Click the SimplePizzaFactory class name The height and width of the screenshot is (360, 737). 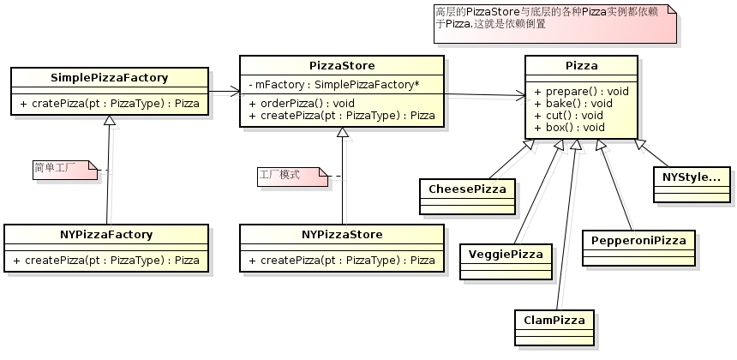[109, 78]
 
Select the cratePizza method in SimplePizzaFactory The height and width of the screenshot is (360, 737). [109, 104]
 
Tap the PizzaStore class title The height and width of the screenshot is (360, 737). [342, 65]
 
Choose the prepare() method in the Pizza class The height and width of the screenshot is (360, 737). [581, 91]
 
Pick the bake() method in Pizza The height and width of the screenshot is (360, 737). [573, 103]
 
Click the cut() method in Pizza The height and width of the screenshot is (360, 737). [568, 115]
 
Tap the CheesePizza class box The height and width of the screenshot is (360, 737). [467, 196]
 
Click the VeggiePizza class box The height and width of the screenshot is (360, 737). [506, 262]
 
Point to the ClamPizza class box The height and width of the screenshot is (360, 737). [554, 328]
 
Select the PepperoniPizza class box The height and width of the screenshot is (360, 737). [639, 249]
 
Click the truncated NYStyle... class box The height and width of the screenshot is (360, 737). [692, 184]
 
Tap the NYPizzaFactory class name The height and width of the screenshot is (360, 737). [106, 234]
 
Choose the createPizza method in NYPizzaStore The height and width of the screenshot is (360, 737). [342, 260]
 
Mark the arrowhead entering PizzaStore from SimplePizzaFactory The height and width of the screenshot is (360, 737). [234, 90]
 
